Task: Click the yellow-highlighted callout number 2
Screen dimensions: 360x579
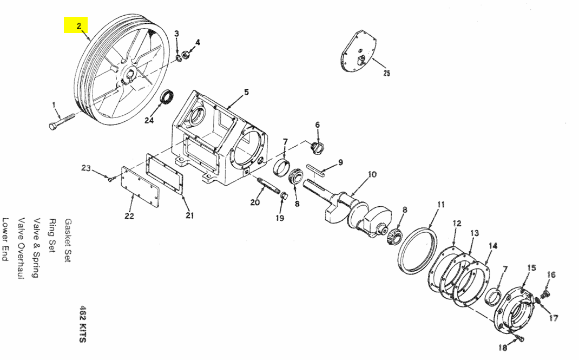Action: (x=78, y=25)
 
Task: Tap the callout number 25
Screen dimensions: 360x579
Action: (x=386, y=73)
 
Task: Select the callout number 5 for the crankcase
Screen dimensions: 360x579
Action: (x=246, y=92)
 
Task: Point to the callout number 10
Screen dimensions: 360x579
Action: (x=372, y=174)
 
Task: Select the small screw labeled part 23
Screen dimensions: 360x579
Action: (x=110, y=178)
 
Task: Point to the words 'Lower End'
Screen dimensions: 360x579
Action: (x=6, y=240)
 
